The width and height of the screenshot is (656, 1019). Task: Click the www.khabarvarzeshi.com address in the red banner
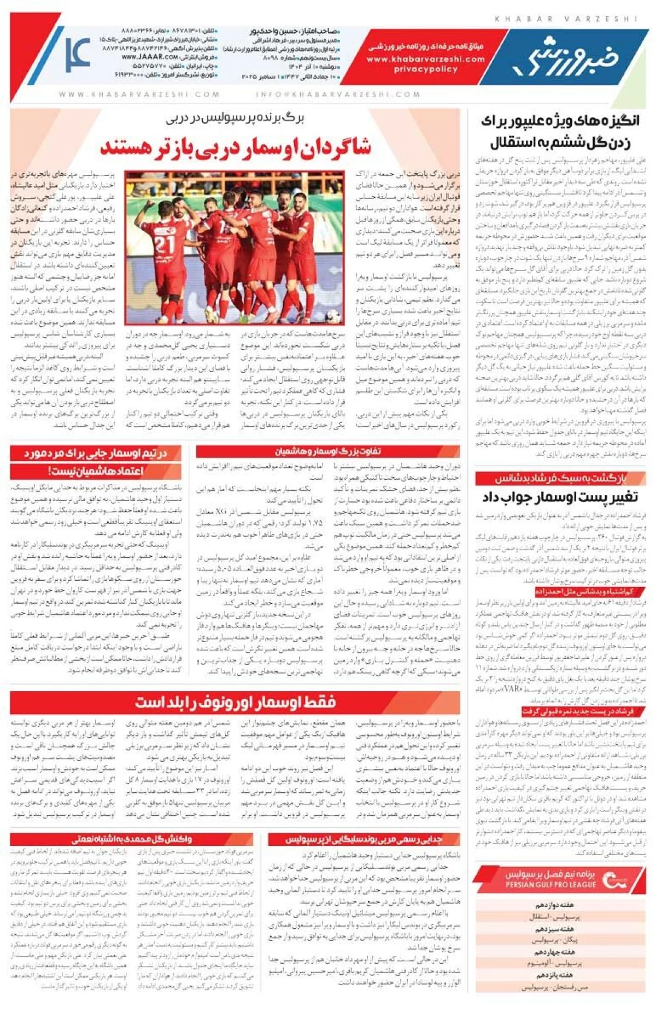tap(425, 59)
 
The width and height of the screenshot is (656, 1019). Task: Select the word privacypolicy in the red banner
tap(425, 69)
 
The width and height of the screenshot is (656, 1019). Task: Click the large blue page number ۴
tap(78, 55)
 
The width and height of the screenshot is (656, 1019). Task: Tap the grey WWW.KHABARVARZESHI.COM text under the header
tap(139, 95)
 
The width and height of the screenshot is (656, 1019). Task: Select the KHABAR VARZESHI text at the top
tap(566, 19)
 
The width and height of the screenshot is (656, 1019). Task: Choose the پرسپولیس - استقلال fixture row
tap(554, 917)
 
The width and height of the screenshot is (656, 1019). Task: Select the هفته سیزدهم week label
tap(554, 929)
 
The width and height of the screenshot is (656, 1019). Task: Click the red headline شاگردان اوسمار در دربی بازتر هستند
tap(236, 147)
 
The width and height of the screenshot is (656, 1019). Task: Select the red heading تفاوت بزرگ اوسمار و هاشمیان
tap(327, 452)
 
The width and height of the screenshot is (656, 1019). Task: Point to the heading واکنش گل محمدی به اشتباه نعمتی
tap(132, 839)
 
